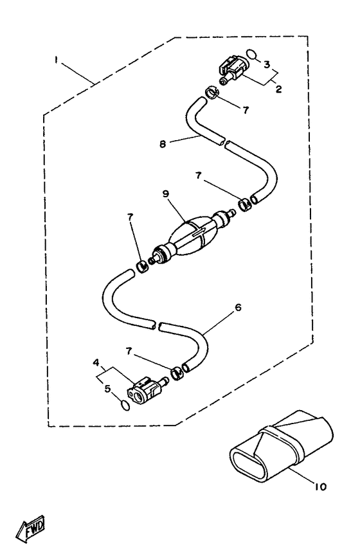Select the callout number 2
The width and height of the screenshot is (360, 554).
[278, 89]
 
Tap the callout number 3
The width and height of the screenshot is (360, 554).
[267, 64]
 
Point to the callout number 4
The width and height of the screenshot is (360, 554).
[96, 362]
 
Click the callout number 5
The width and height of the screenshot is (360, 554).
[108, 389]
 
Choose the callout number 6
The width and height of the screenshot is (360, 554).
[238, 308]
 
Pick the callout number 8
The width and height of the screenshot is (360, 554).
[163, 144]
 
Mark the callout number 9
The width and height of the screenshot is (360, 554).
[166, 193]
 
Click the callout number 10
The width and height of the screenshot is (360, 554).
[320, 487]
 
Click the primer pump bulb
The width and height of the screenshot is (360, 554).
[193, 236]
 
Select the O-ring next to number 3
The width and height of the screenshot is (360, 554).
[251, 54]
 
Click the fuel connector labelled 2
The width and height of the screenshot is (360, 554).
[234, 69]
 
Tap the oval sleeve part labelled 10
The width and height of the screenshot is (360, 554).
[281, 446]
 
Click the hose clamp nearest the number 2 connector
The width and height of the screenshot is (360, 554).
[213, 93]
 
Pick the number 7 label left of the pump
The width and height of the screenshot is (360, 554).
[130, 218]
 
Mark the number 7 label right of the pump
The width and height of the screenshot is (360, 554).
[199, 175]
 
